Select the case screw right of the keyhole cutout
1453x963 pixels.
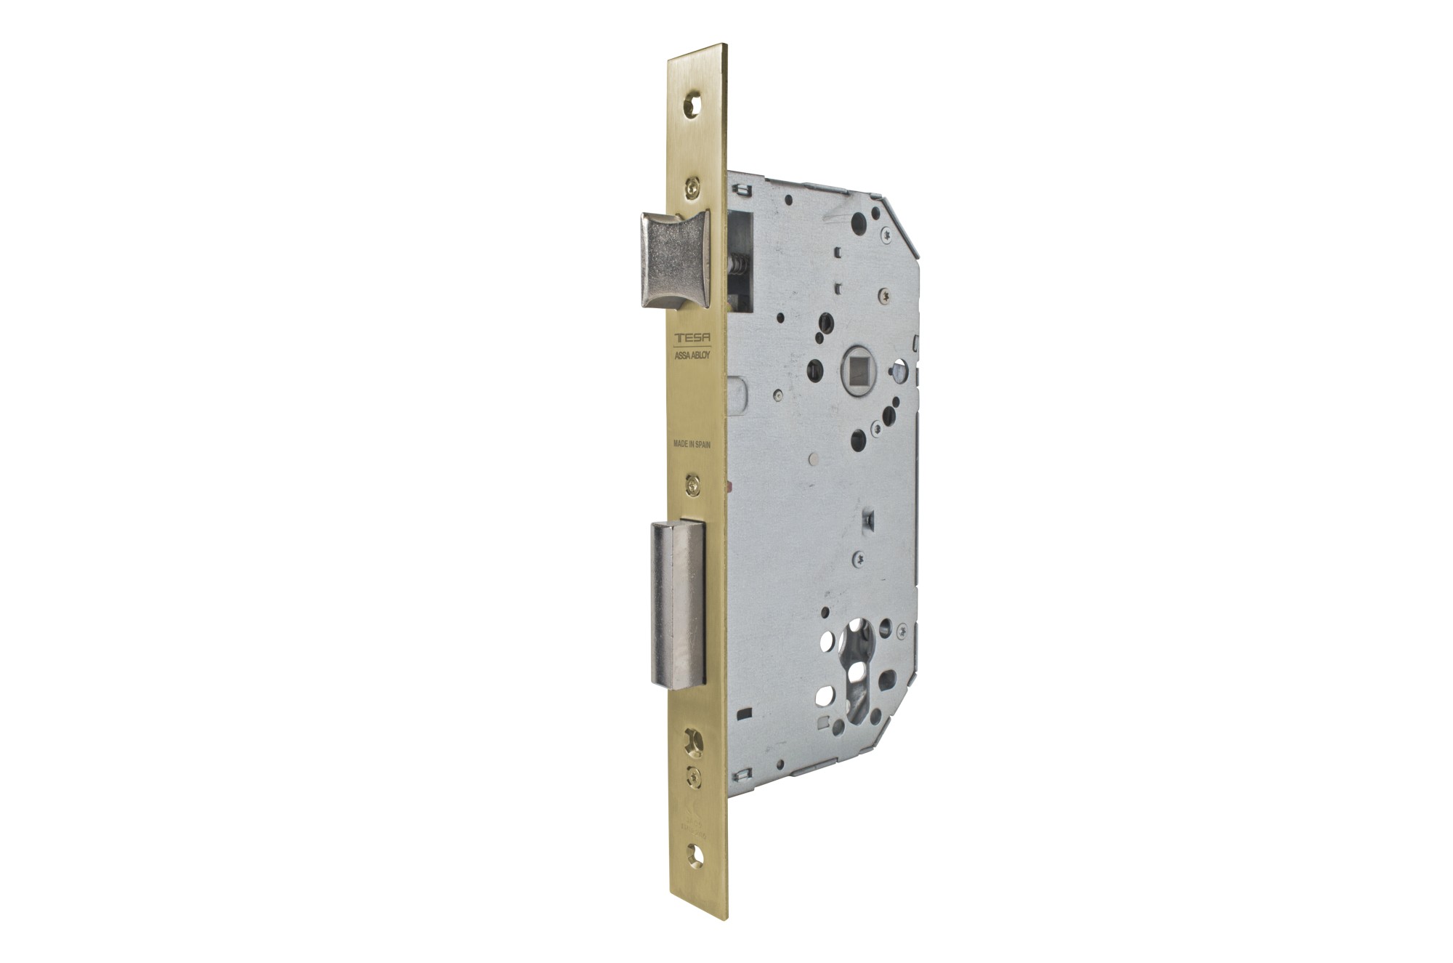[x=902, y=629]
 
